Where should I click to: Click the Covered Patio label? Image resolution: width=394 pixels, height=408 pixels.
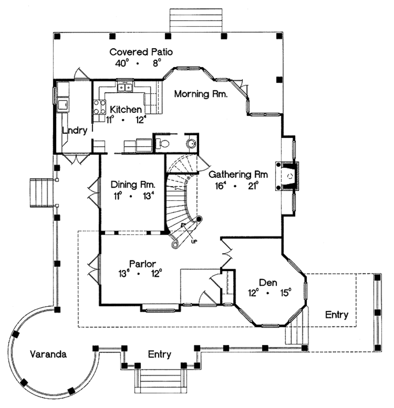pos(141,52)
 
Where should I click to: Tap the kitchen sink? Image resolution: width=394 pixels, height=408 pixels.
pos(125,88)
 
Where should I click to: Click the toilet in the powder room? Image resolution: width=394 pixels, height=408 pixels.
pos(163,144)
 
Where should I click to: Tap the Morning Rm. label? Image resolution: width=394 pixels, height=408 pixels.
pos(201,94)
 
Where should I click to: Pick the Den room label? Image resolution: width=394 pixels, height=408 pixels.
pos(268,282)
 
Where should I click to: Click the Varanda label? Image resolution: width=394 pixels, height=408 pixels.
pos(48,354)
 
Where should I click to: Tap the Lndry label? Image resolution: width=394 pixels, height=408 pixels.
pos(75,130)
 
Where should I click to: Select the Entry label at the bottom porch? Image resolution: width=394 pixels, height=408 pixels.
pos(160,354)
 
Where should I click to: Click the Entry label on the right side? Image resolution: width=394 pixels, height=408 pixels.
pos(337,315)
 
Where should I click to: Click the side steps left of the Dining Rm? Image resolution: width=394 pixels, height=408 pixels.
pos(40,192)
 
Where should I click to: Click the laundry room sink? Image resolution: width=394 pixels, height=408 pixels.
pos(63,104)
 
